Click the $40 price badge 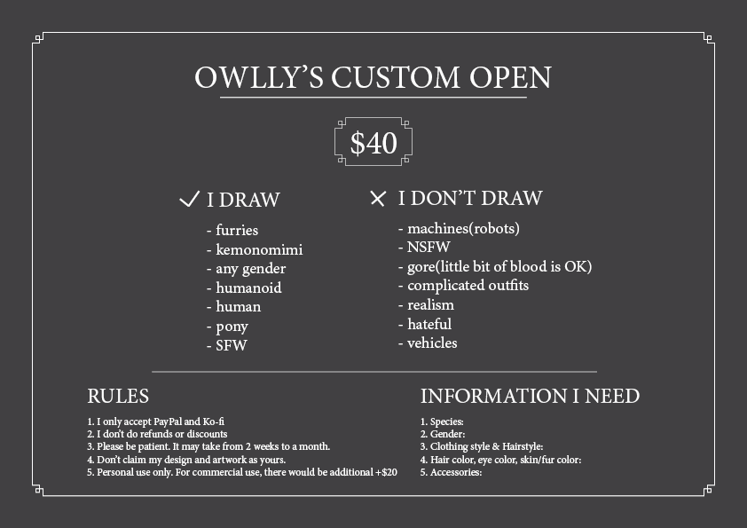click(x=373, y=142)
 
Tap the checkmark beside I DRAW click(x=189, y=199)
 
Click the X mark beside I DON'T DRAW click(x=377, y=198)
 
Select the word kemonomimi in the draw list click(x=259, y=249)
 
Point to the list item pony click(x=232, y=327)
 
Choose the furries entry click(x=237, y=230)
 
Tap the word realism click(x=430, y=304)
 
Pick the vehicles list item click(x=432, y=343)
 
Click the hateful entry click(x=429, y=324)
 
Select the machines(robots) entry click(x=463, y=228)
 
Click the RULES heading click(x=118, y=396)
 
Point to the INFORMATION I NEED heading click(x=530, y=396)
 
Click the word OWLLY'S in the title click(x=259, y=77)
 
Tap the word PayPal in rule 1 click(x=167, y=422)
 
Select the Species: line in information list click(x=442, y=422)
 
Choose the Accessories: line click(x=451, y=472)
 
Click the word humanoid click(x=248, y=288)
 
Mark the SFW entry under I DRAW click(x=232, y=345)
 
